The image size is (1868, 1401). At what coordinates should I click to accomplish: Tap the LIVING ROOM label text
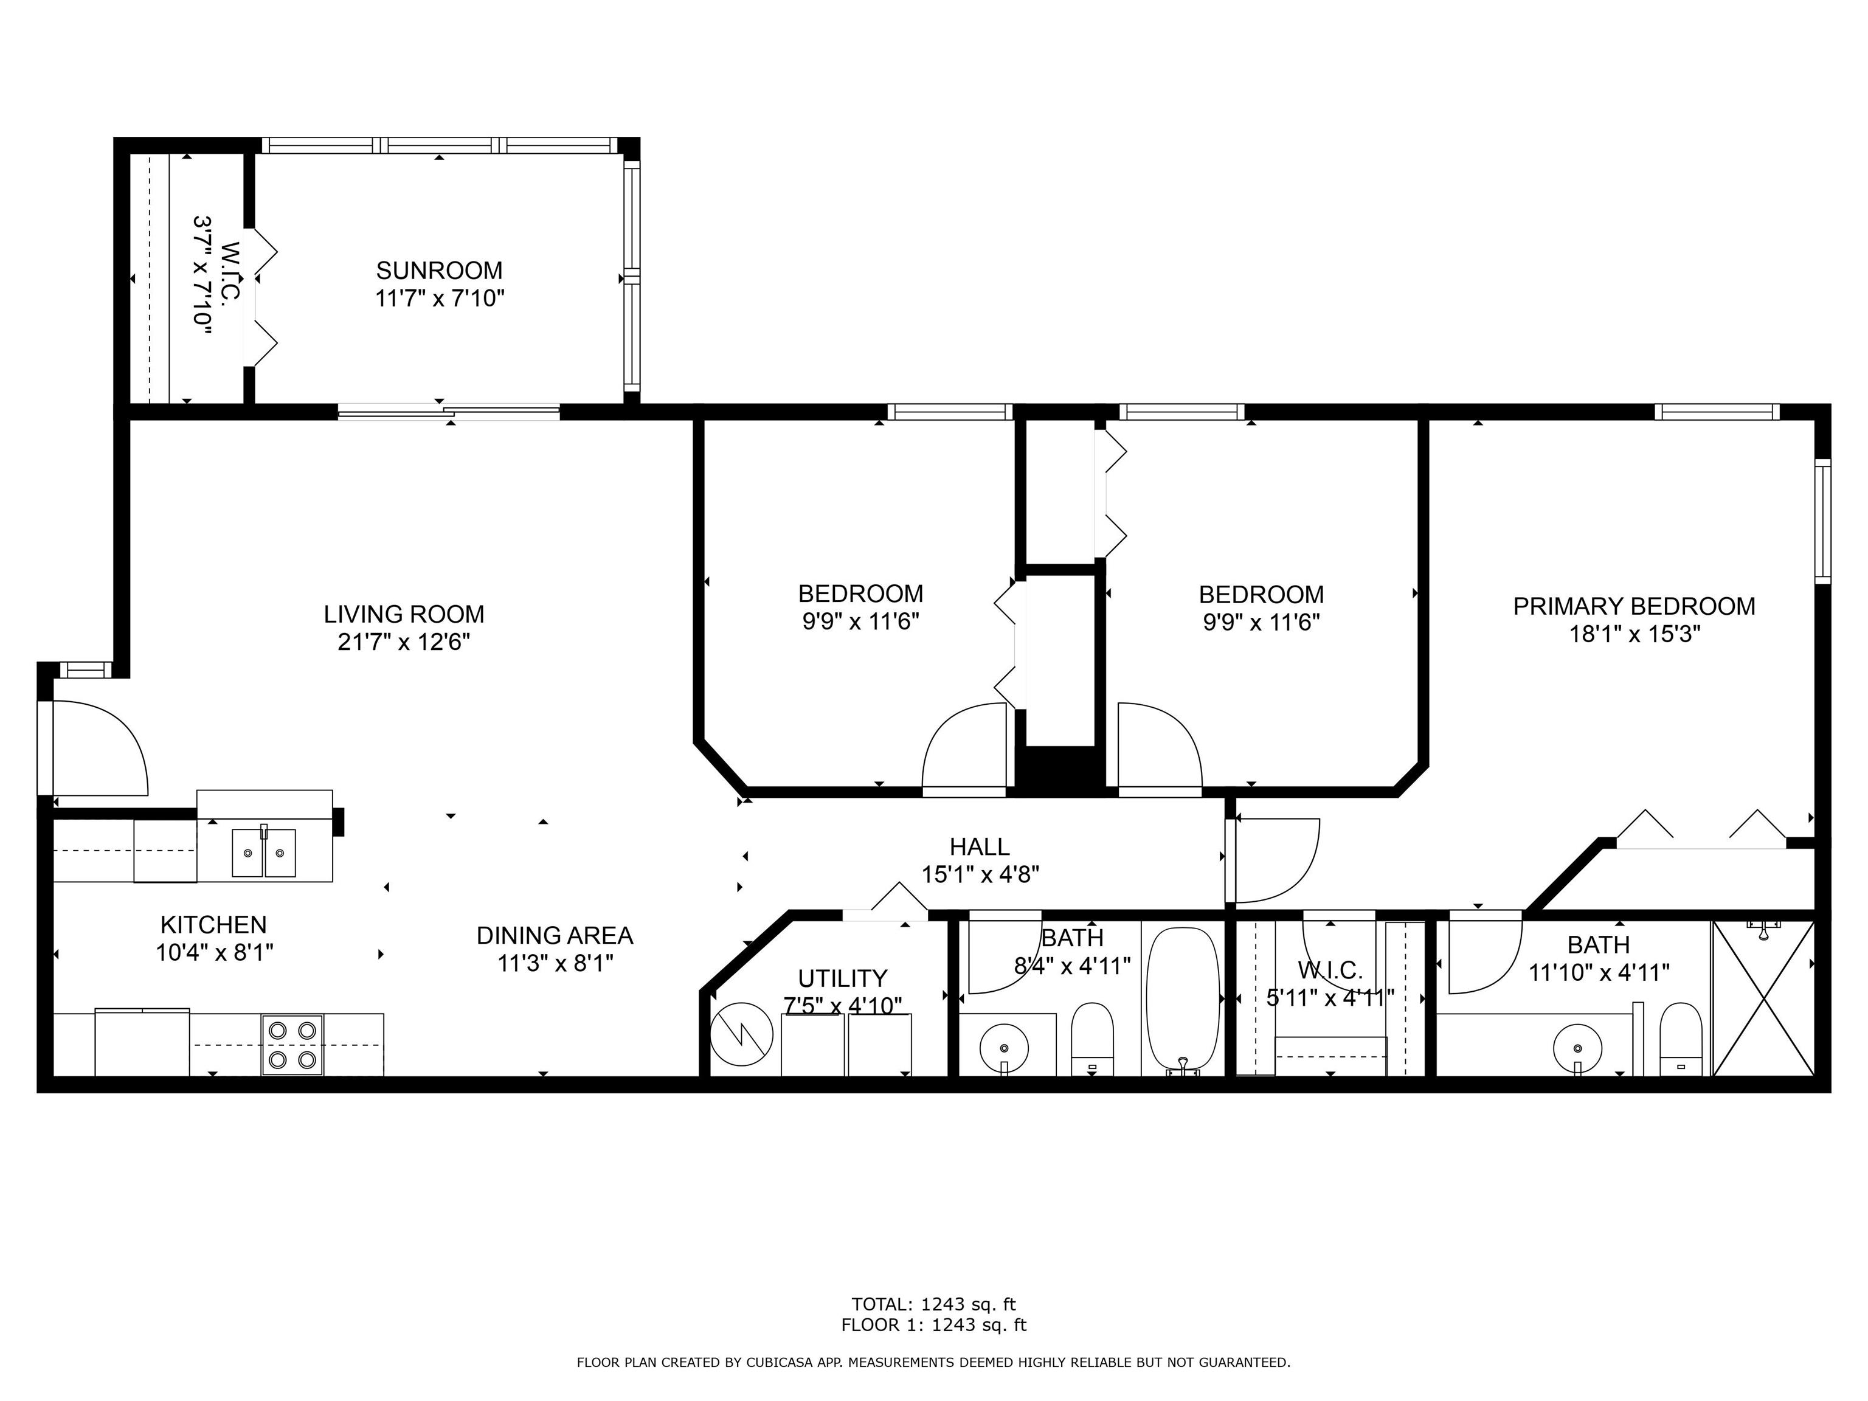click(404, 614)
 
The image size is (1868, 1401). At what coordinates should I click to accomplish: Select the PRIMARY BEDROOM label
click(1634, 606)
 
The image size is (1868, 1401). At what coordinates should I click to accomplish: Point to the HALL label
click(980, 846)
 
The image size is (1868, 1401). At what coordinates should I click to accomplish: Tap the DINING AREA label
click(555, 936)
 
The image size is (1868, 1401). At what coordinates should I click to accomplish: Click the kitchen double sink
click(265, 853)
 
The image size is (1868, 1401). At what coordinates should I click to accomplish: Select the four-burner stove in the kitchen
click(292, 1044)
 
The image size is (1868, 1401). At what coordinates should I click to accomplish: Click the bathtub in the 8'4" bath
click(1183, 1001)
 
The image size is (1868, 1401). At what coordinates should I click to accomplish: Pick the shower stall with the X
click(1763, 998)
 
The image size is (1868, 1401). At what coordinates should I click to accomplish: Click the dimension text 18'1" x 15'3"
click(1634, 634)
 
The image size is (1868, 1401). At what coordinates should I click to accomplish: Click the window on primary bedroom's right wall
click(1822, 521)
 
